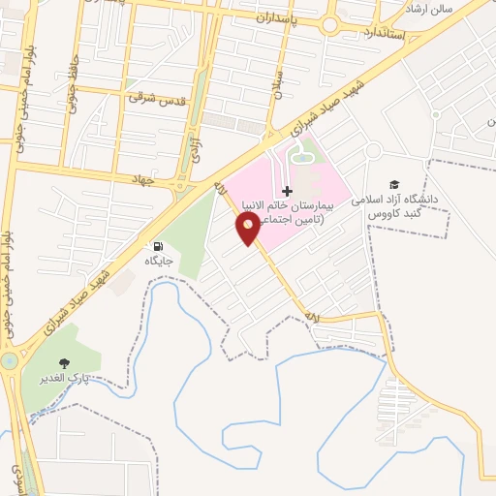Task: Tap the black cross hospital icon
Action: coord(287,192)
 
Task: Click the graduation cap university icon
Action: coord(394,184)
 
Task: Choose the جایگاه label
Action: coord(158,262)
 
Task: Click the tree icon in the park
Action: coord(65,363)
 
